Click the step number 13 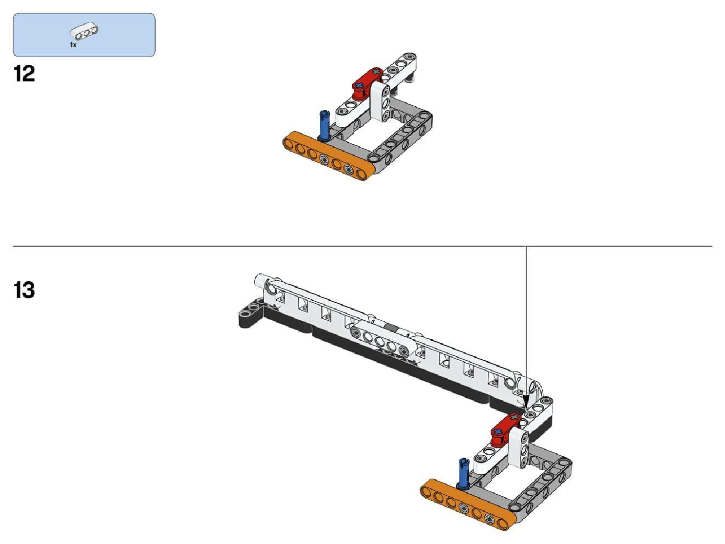24,290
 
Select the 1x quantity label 73,45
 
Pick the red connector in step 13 506,429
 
